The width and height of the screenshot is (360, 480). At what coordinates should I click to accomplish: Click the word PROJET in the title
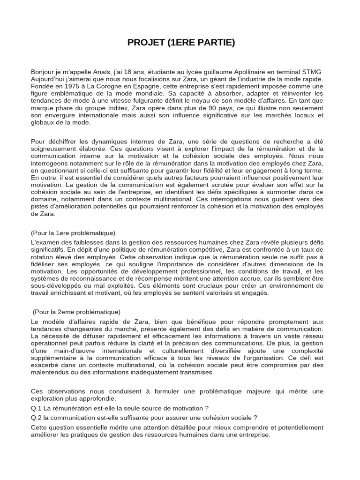coord(143,43)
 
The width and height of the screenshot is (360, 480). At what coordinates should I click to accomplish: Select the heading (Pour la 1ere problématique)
coord(73,233)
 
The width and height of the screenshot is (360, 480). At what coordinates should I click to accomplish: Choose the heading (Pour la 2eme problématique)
coord(76,312)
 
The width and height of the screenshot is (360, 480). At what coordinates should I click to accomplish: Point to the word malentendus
coord(51,372)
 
